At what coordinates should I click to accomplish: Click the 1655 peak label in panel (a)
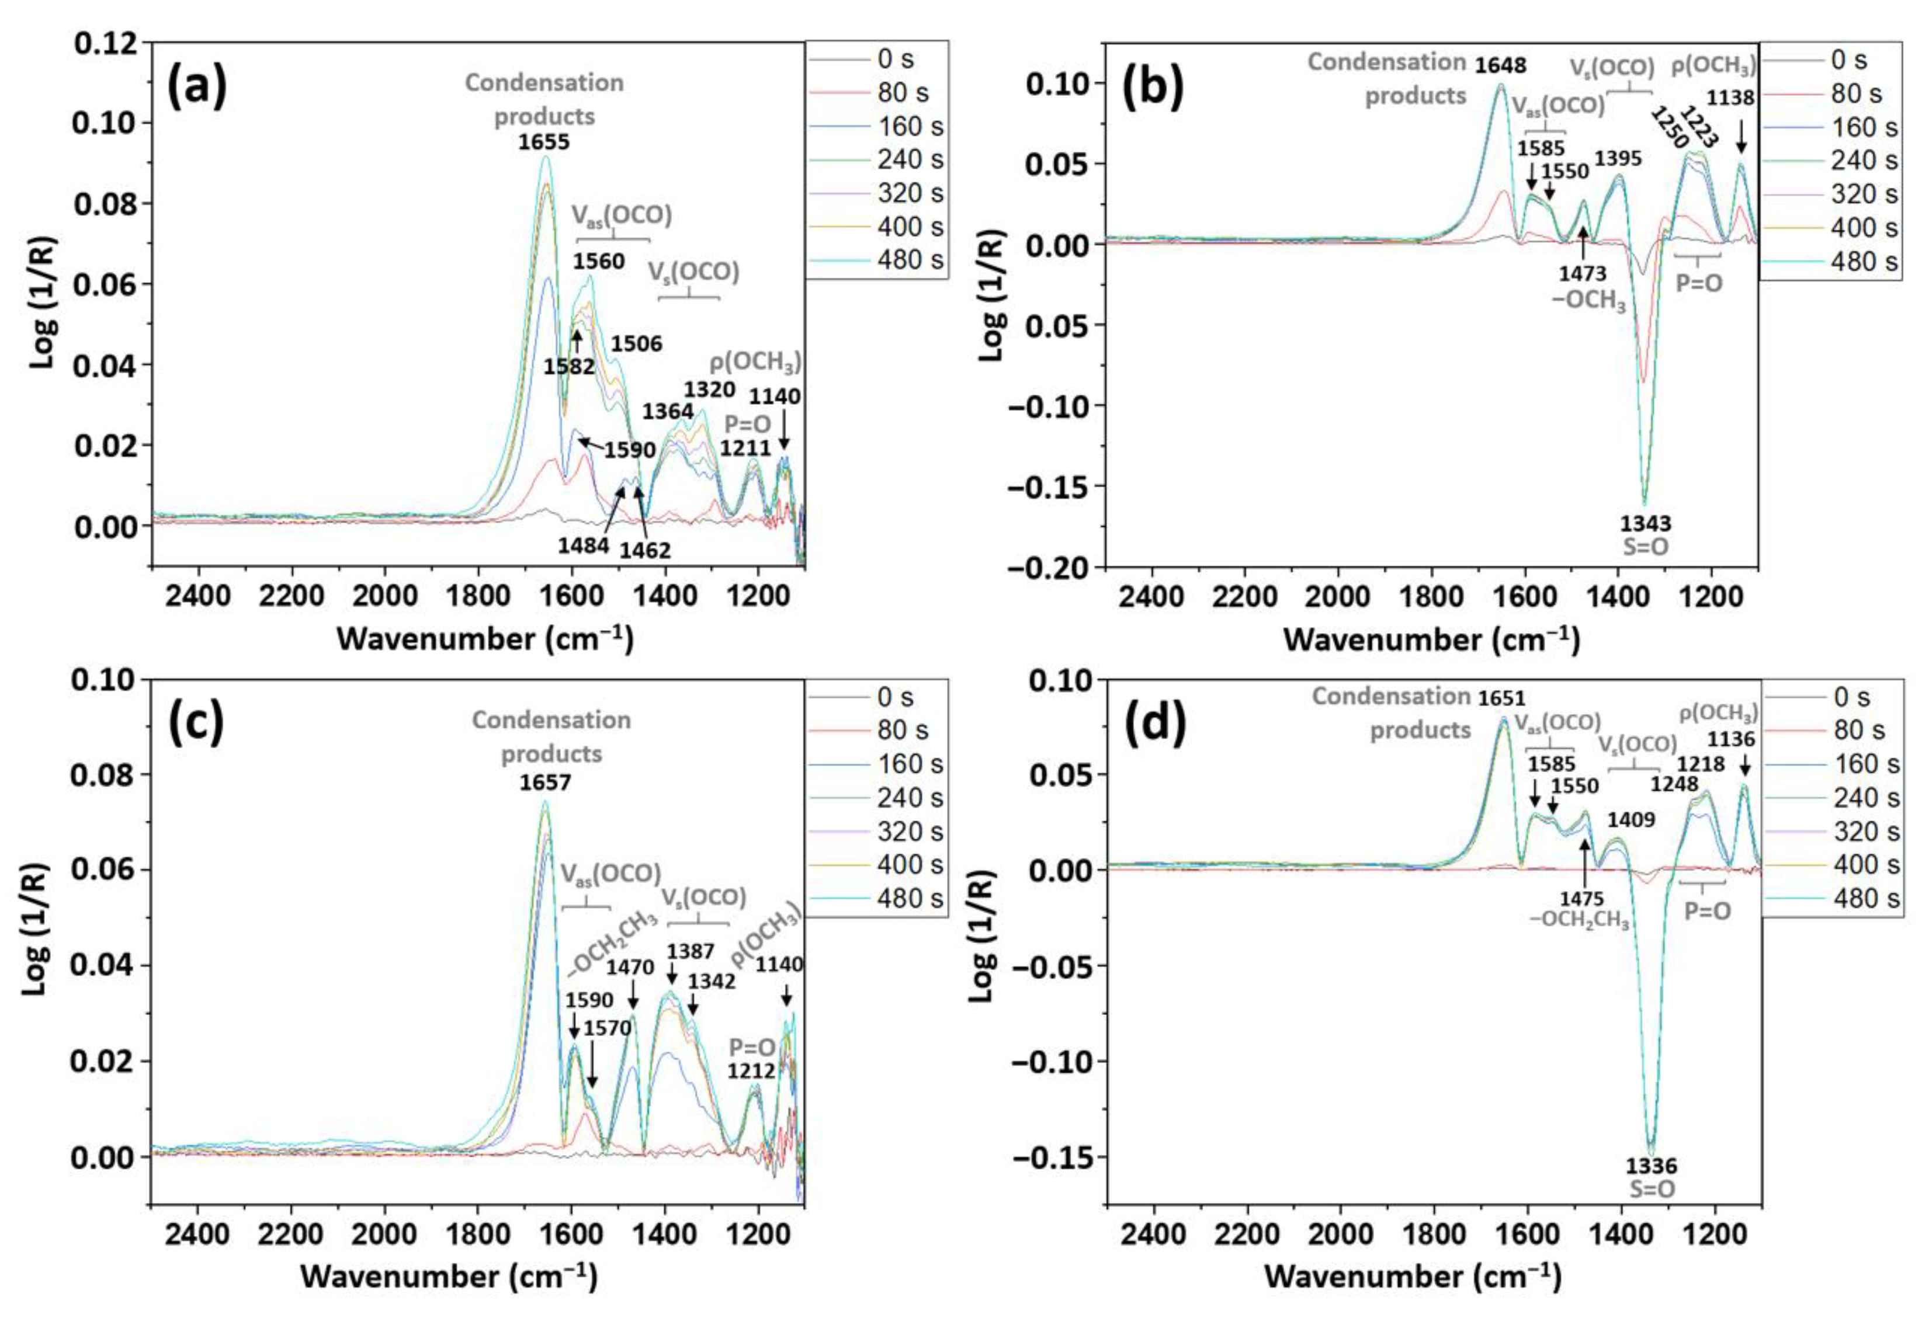pyautogui.click(x=543, y=142)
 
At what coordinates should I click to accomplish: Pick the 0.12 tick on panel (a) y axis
pyautogui.click(x=105, y=43)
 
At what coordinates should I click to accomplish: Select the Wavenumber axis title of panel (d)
pyautogui.click(x=1413, y=1277)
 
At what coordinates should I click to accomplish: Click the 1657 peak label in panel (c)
pyautogui.click(x=545, y=781)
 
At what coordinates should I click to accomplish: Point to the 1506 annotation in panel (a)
pyautogui.click(x=637, y=343)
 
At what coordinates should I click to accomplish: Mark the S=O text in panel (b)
pyautogui.click(x=1644, y=547)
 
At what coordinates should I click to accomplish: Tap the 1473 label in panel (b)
pyautogui.click(x=1582, y=273)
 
